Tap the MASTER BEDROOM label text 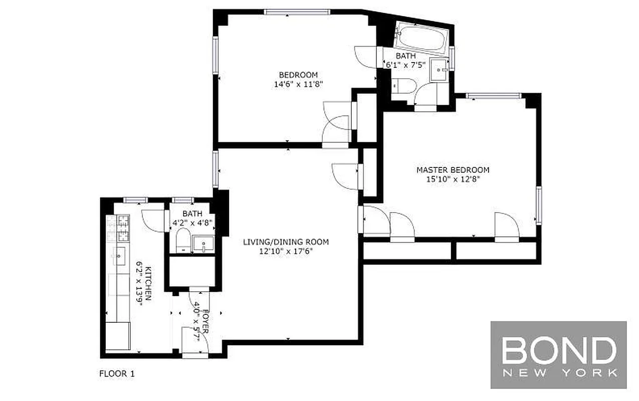[x=453, y=170]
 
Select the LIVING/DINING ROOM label [x=286, y=242]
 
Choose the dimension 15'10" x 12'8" [x=453, y=179]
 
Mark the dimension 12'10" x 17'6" [x=286, y=251]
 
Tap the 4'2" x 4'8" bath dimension [x=193, y=223]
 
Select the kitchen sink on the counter [x=119, y=256]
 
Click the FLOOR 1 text [x=117, y=373]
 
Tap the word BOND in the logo [x=559, y=350]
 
